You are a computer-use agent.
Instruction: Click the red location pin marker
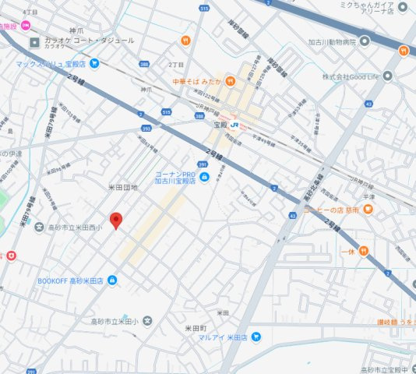coord(115,220)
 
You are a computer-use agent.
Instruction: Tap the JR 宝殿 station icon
coord(234,125)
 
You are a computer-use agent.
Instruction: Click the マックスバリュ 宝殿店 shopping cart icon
coord(94,63)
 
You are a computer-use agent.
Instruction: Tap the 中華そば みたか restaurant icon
coord(230,80)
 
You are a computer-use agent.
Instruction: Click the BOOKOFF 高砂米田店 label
coord(71,280)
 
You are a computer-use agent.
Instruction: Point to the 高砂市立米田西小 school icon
coord(40,227)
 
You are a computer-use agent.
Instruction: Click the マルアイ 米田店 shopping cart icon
coord(256,337)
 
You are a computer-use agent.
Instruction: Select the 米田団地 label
coord(122,188)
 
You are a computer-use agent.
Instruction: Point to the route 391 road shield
coord(202,164)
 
